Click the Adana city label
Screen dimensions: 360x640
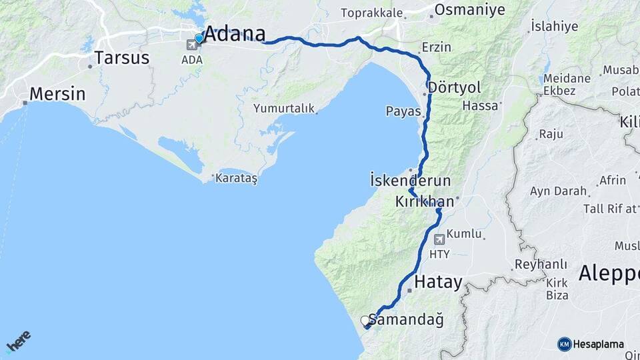(x=234, y=34)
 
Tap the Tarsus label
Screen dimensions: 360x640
(x=122, y=58)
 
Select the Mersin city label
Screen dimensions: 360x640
(x=57, y=94)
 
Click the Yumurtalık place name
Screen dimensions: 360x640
(x=283, y=108)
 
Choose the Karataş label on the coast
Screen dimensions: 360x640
(x=236, y=179)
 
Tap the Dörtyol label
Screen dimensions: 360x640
(x=455, y=87)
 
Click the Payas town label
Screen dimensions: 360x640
(x=403, y=111)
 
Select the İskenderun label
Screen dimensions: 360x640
(x=410, y=181)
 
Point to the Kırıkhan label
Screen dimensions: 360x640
(x=425, y=201)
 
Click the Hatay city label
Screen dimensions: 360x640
(x=438, y=283)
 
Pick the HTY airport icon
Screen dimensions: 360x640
(x=439, y=239)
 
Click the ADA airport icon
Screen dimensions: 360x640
(x=193, y=45)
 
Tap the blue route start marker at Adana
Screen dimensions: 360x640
(x=199, y=39)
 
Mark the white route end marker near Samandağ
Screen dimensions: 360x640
(x=365, y=321)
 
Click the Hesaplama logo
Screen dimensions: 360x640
(x=591, y=344)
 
